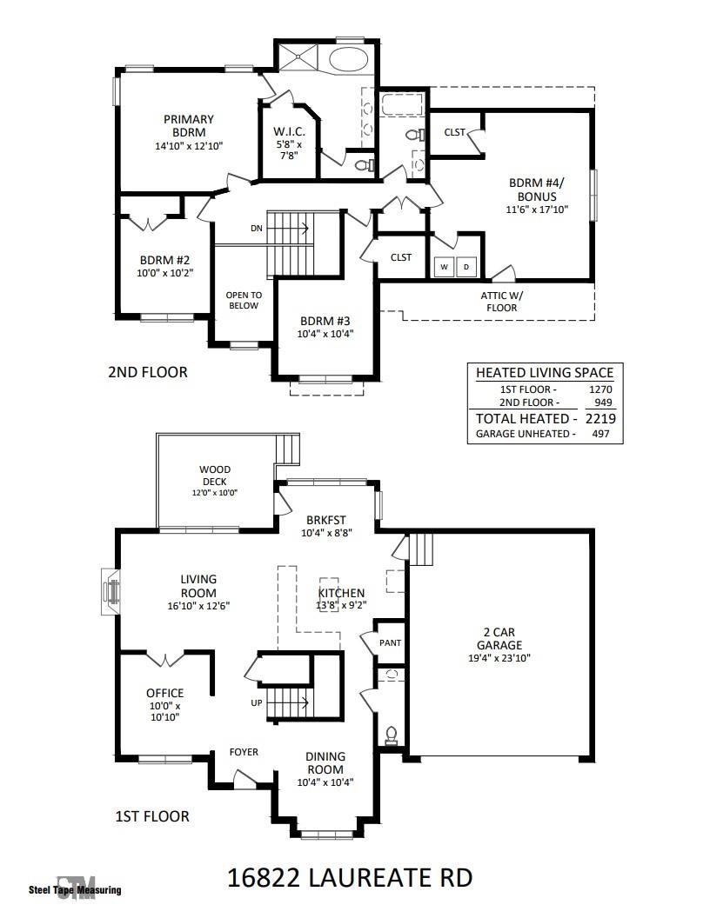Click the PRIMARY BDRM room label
tap(187, 125)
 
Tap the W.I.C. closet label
tap(287, 132)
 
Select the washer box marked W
tap(444, 267)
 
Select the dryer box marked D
tap(466, 267)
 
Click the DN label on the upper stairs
tap(256, 229)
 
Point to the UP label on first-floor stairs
tap(256, 702)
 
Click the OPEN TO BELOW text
tap(244, 300)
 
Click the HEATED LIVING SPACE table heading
tap(545, 373)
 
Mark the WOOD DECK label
tap(215, 475)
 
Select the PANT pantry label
tap(391, 643)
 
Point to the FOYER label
tap(244, 752)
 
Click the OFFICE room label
tap(164, 693)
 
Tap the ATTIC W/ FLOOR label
tap(500, 302)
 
